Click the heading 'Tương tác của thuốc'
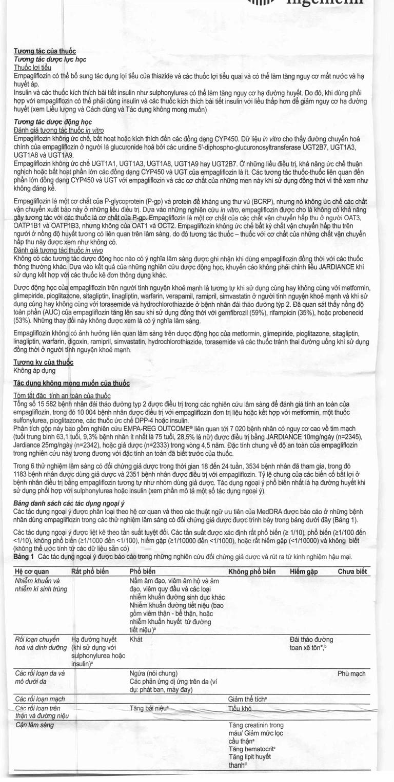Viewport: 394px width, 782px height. click(45, 51)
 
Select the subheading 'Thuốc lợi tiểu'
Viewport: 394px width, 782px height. click(32, 67)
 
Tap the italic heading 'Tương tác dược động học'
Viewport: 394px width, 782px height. click(53, 122)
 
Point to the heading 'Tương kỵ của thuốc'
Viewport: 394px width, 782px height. click(44, 362)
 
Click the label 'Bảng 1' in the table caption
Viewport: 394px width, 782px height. click(24, 557)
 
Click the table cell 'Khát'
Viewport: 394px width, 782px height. click(136, 640)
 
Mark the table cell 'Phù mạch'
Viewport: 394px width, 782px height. click(351, 673)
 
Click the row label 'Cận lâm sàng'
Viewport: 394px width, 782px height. click(34, 725)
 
